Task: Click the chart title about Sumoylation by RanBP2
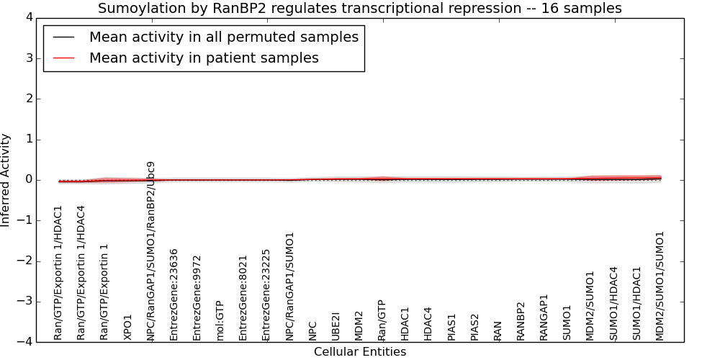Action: point(359,8)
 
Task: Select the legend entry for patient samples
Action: point(204,58)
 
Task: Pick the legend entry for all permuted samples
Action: point(224,37)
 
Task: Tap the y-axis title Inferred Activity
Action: point(5,179)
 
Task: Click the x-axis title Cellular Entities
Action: point(360,352)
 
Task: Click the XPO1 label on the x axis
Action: point(127,328)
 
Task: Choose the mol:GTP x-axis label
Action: point(220,320)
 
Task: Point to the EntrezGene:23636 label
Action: point(174,294)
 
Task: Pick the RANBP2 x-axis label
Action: point(521,321)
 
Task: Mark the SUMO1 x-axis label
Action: point(567,323)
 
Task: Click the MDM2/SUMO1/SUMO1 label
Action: point(660,286)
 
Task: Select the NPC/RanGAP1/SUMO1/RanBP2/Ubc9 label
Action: point(150,251)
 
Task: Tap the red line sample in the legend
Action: point(63,58)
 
